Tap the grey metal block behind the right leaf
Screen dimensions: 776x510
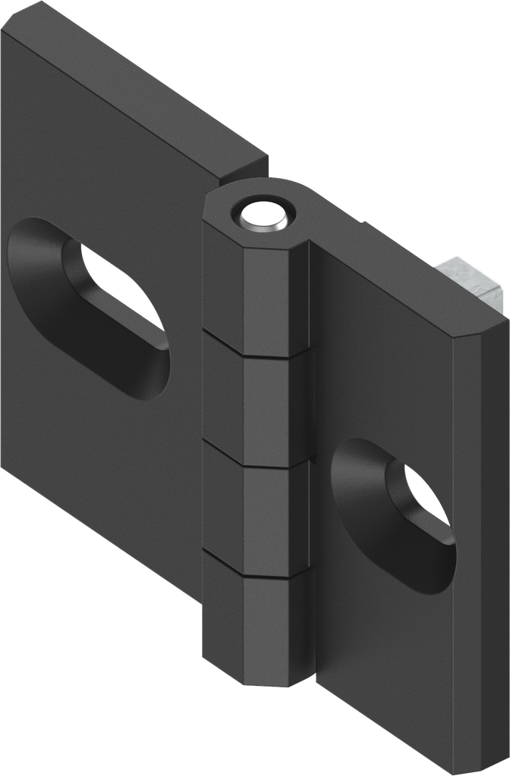tap(471, 281)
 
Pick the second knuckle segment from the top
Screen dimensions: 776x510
tap(258, 402)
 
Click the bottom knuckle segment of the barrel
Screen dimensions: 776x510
tap(258, 629)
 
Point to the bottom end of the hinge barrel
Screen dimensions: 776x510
tap(258, 682)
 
